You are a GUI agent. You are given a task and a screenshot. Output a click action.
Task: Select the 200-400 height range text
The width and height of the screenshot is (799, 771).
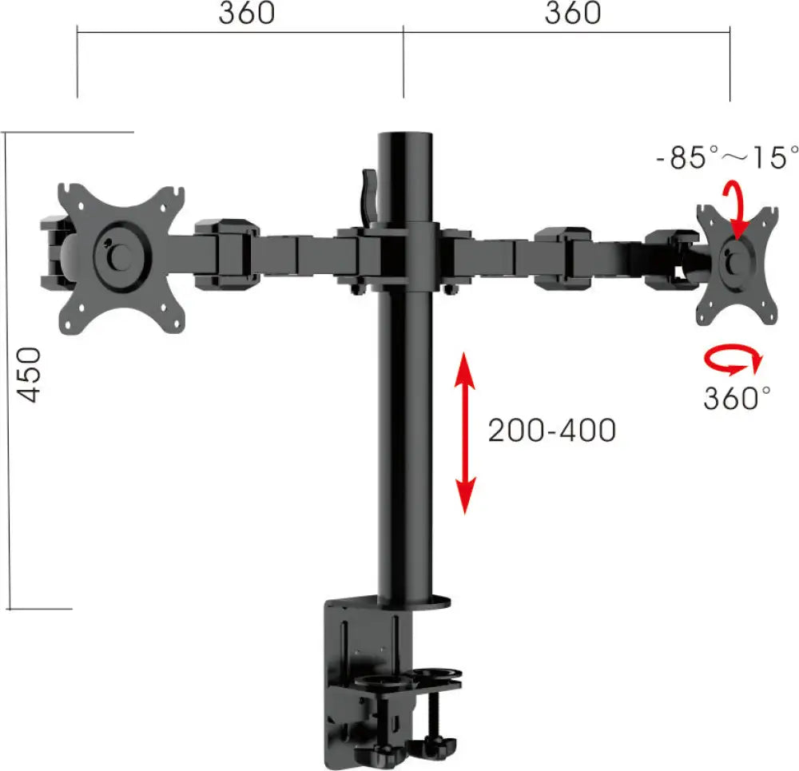[x=552, y=431]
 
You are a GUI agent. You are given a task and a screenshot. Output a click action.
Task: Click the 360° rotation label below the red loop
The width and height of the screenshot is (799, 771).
[x=737, y=397]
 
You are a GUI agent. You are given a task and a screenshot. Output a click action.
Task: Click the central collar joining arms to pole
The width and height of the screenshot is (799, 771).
[x=403, y=254]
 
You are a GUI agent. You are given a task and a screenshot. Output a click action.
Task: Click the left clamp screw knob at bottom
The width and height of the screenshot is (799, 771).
[x=380, y=754]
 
